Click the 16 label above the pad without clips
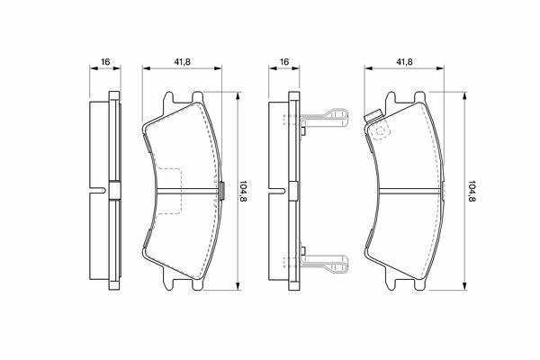(105, 62)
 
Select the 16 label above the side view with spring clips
(284, 62)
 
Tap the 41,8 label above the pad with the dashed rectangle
(182, 62)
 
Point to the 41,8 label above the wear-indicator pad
(404, 62)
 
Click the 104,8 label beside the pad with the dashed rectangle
(244, 191)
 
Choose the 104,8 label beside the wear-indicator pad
(472, 191)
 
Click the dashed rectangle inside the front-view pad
(168, 191)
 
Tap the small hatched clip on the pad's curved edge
(222, 191)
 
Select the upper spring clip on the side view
(325, 118)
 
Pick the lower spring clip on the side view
(325, 264)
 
